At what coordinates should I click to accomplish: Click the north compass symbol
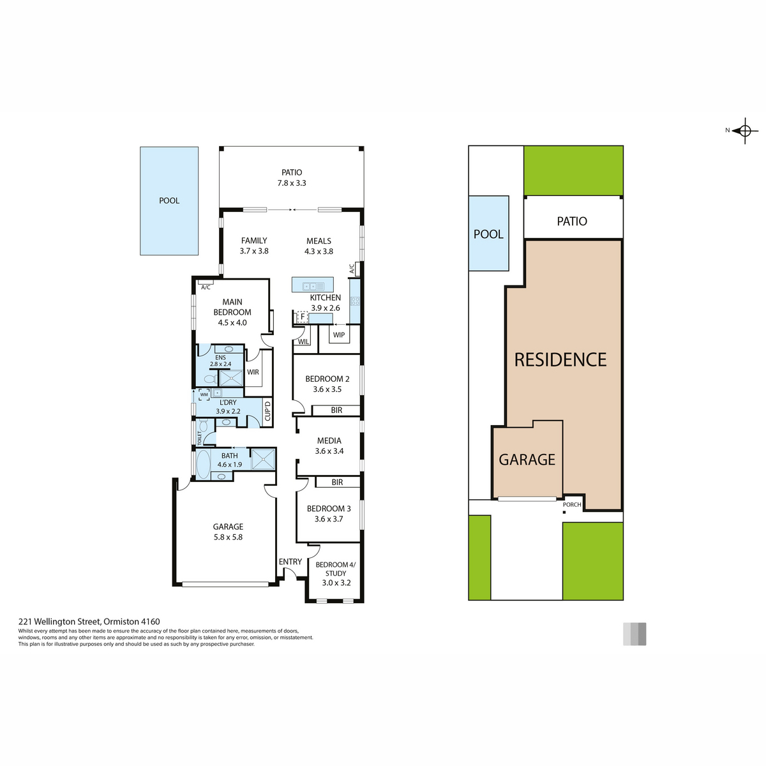coord(745,130)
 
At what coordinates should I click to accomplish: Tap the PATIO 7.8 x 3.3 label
coord(292,177)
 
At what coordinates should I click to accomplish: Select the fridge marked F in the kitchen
coord(303,317)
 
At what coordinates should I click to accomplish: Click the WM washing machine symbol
coord(204,394)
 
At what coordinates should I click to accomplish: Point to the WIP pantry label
coord(339,334)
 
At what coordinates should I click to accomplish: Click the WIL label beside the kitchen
coord(303,342)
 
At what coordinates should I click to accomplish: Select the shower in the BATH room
coord(263,459)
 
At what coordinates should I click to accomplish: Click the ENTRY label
coord(290,562)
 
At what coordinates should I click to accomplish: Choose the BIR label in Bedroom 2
coord(336,410)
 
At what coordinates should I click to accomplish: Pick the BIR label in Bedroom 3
coord(337,482)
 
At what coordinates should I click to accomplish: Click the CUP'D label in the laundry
coord(267,411)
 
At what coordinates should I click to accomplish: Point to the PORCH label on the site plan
coord(572,504)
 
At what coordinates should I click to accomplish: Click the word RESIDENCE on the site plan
coord(560,359)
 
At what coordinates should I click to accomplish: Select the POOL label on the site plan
coord(488,234)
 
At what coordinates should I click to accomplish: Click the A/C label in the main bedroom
coord(206,287)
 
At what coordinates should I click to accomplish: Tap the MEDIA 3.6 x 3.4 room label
coord(329,446)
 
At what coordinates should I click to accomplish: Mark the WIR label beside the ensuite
coord(253,372)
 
